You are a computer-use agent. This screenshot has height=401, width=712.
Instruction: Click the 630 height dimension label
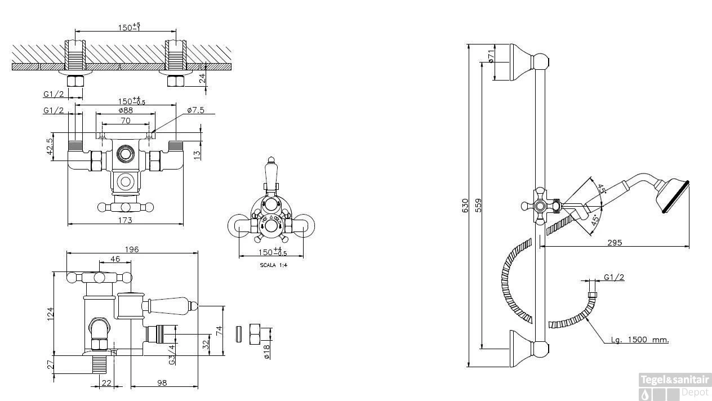[465, 206]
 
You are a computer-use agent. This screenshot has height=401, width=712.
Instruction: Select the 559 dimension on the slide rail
[479, 206]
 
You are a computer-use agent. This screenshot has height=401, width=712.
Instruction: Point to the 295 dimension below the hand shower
[615, 243]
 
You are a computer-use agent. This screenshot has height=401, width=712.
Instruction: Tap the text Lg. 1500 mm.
[640, 340]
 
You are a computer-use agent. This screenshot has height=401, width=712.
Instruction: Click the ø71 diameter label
[491, 55]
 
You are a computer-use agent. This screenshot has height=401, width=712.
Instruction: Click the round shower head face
[675, 196]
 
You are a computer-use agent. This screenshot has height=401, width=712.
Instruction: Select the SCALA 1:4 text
[273, 265]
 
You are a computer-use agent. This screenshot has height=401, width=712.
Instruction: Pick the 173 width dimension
[125, 220]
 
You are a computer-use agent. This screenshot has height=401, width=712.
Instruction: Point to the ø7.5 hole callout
[195, 110]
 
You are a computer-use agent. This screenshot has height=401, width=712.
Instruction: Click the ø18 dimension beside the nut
[267, 350]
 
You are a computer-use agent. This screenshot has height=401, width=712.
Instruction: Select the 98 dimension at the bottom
[162, 383]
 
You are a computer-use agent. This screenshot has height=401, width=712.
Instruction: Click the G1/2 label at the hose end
[614, 277]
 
